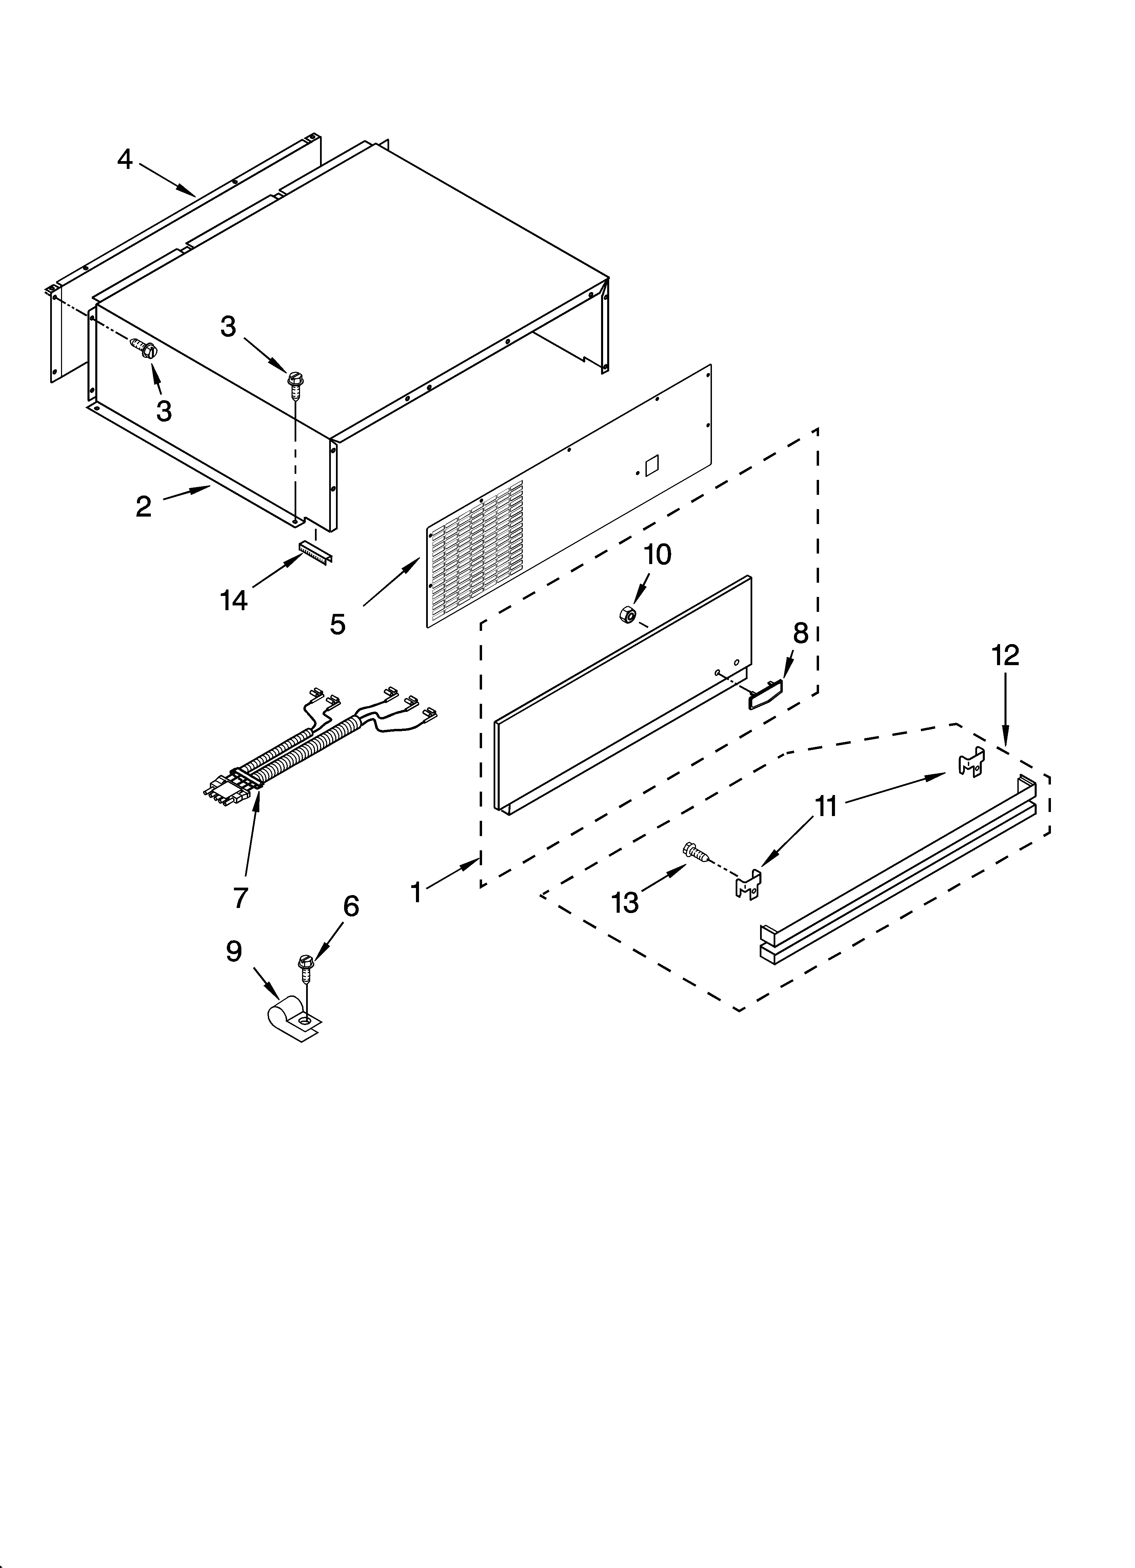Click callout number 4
[124, 160]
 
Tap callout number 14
[234, 600]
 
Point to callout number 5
[337, 624]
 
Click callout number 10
[657, 555]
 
